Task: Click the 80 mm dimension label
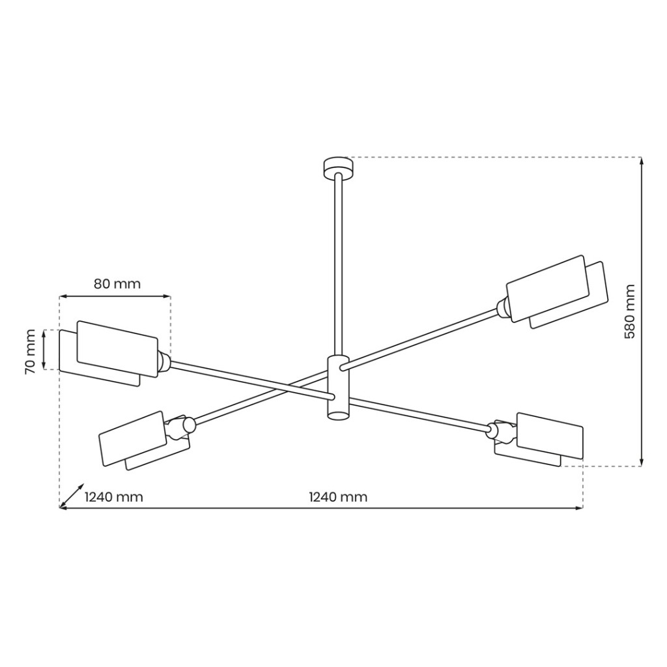click(117, 284)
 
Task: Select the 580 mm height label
click(629, 311)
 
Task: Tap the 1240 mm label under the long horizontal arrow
click(338, 497)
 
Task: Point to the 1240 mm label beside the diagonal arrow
click(113, 497)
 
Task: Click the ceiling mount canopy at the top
click(338, 167)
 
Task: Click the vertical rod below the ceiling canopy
click(339, 264)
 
